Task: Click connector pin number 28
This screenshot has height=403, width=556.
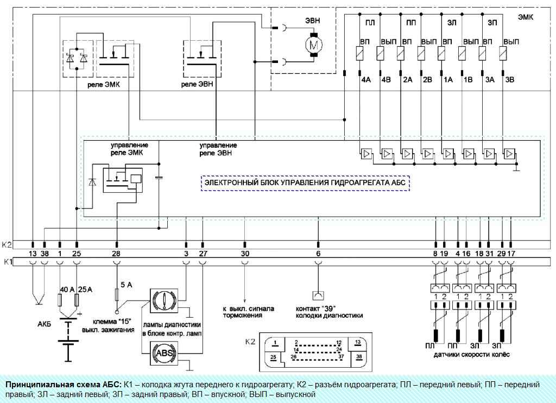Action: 116,253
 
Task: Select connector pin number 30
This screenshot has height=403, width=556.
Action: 245,253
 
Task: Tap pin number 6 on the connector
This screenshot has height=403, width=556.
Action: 318,253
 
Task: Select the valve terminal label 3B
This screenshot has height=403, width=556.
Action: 509,80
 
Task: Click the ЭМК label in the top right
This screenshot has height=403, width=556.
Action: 526,17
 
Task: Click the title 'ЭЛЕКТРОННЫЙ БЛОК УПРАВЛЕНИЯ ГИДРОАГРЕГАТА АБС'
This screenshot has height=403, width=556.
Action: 305,183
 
